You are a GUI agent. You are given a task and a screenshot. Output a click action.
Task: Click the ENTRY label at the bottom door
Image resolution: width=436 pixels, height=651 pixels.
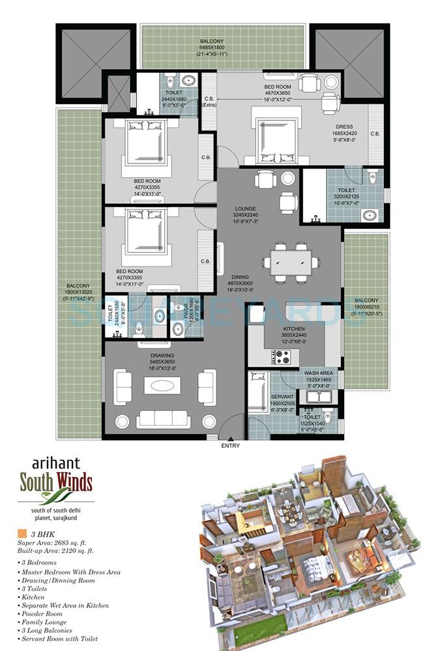(x=230, y=445)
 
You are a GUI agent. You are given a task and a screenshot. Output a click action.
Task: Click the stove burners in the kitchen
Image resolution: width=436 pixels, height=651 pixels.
(x=282, y=357)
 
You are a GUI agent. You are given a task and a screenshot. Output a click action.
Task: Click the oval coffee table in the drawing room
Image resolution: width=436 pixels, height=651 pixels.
(x=160, y=385)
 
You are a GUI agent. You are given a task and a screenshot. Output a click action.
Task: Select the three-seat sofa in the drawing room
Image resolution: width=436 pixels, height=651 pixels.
(x=159, y=419)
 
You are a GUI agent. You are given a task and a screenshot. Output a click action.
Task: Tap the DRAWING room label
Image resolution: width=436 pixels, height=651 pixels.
(x=158, y=355)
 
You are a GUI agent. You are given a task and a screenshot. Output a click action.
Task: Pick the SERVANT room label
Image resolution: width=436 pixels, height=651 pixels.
(x=282, y=396)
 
